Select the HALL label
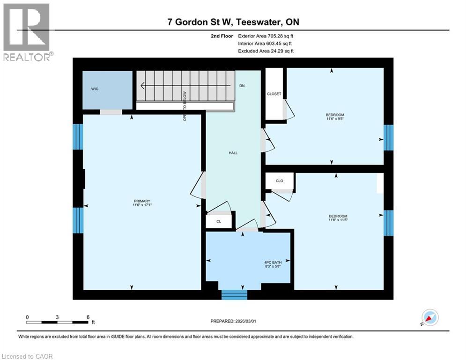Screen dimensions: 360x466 point(233,153)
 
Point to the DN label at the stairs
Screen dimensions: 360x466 point(242,86)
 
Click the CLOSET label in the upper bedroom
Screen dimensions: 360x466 point(274,94)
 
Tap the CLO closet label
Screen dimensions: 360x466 point(280,180)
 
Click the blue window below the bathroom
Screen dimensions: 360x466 point(234,294)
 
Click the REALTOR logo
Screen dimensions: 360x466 point(26,31)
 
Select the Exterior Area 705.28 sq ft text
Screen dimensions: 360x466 point(266,36)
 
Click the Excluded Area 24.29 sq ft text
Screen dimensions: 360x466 point(266,51)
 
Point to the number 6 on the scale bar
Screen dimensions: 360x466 point(88,317)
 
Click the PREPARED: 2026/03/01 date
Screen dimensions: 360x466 point(233,321)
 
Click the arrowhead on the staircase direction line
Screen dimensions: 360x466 point(142,86)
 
